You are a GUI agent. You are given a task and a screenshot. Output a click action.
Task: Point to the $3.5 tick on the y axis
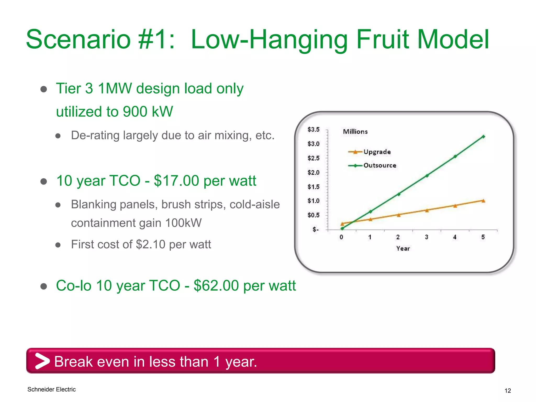coord(313,130)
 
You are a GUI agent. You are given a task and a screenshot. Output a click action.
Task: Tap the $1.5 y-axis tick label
coord(313,187)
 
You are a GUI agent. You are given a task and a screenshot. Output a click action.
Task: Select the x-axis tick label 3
coord(426,237)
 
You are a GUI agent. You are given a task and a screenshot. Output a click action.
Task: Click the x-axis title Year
coord(403,249)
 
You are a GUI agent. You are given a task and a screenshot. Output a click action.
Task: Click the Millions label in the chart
coord(355,132)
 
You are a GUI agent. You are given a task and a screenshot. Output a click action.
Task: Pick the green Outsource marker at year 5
coord(483,137)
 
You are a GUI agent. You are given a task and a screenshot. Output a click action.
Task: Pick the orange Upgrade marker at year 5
coord(483,201)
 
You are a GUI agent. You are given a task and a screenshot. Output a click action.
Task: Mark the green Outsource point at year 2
coord(399,194)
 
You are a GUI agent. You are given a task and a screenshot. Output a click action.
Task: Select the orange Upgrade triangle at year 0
coord(342,224)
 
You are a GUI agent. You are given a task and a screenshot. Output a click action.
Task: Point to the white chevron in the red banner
coord(42,361)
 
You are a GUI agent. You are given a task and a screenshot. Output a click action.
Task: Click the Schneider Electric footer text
coord(52,389)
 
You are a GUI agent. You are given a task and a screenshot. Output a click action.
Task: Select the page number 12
coord(507,391)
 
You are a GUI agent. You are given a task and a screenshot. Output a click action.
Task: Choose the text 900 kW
coord(148,112)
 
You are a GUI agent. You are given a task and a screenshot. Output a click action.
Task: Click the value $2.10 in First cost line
coord(150,244)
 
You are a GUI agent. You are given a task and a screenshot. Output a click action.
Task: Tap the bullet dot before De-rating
coord(58,136)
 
